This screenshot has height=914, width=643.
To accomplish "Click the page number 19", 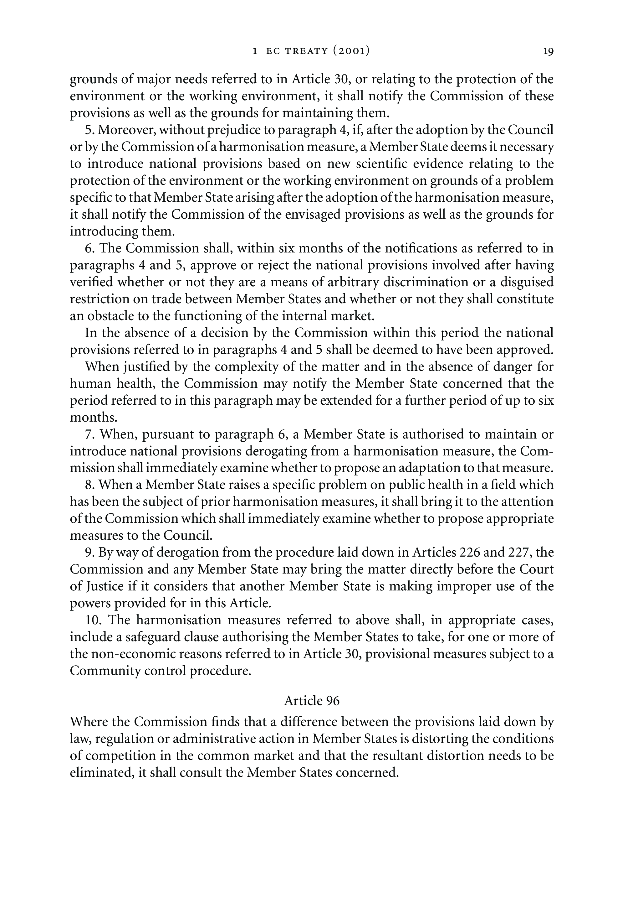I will point(548,51).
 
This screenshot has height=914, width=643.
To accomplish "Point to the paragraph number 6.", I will point(89,248).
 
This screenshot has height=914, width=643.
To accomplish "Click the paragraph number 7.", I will point(89,434).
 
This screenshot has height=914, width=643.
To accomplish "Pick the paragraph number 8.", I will point(89,485).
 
